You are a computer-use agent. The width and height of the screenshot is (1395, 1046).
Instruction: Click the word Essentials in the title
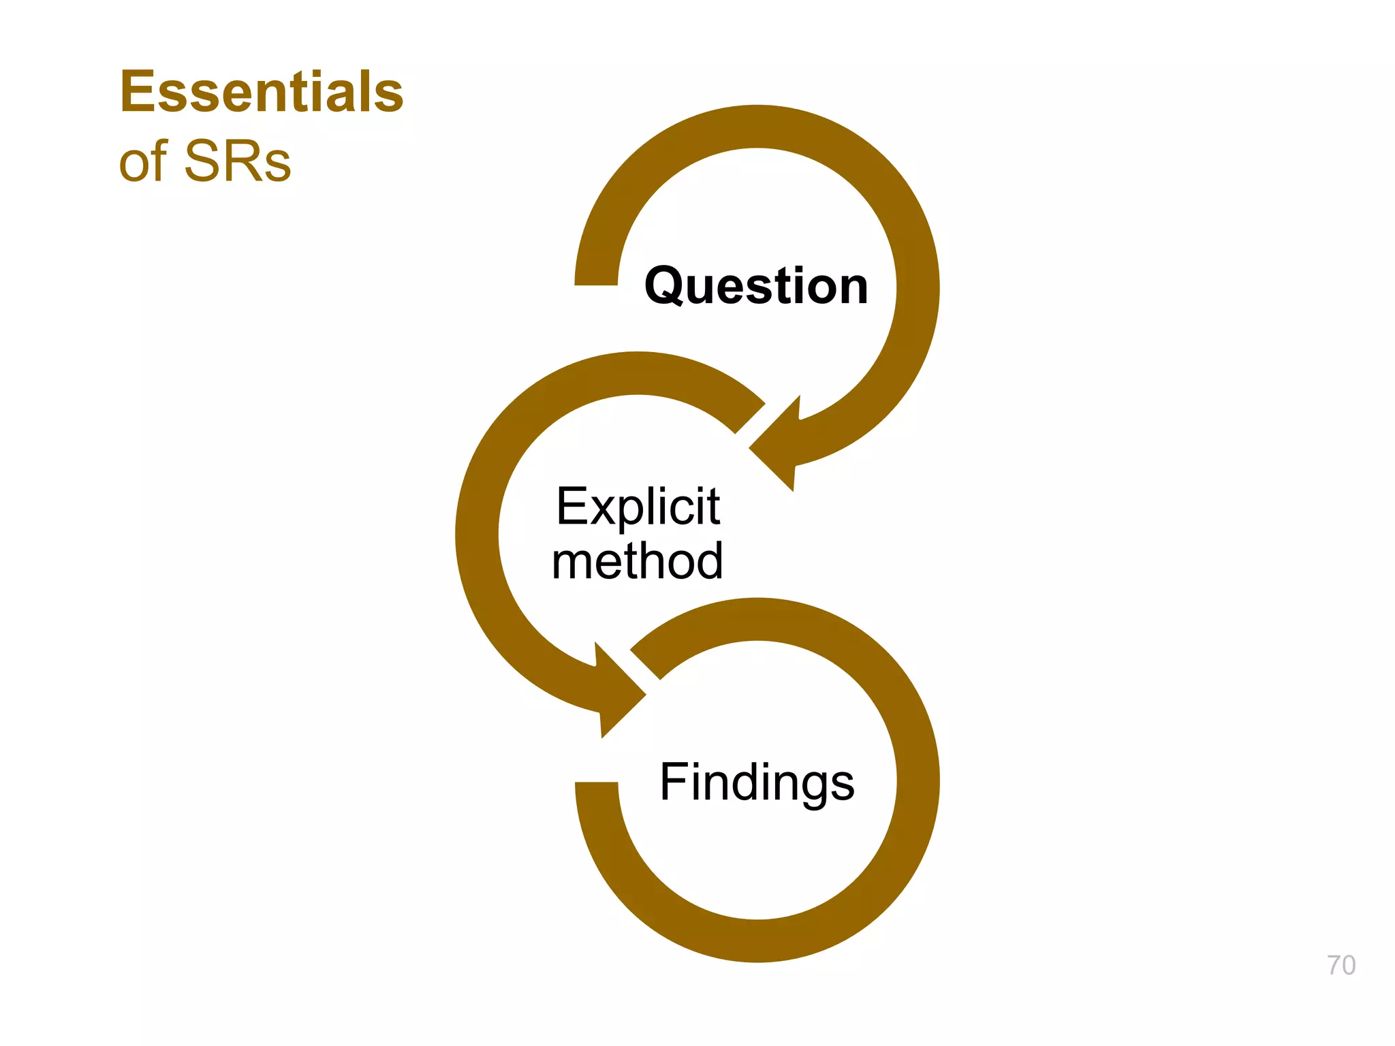click(x=262, y=92)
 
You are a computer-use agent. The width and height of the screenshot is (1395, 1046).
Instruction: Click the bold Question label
click(x=756, y=286)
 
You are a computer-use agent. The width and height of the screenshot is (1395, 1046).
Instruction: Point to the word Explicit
click(x=638, y=507)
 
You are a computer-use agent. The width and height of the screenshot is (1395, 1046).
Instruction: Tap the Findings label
click(x=757, y=782)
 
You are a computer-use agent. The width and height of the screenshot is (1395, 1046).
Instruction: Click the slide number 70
click(x=1341, y=966)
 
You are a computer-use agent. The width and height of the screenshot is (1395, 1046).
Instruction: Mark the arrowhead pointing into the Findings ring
click(x=617, y=691)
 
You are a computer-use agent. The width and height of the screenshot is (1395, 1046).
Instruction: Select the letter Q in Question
click(x=666, y=287)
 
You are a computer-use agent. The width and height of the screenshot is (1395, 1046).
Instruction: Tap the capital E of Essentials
click(x=136, y=92)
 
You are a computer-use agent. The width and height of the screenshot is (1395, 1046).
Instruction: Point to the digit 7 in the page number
click(x=1334, y=966)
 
